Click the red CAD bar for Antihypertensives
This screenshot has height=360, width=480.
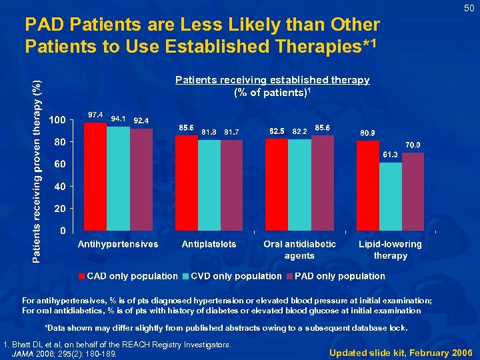(x=95, y=177)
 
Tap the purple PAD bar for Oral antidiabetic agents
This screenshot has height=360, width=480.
(x=322, y=184)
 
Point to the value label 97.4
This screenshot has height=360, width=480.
(x=95, y=115)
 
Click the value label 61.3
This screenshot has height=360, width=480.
(x=391, y=155)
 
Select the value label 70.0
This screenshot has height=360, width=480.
(x=413, y=145)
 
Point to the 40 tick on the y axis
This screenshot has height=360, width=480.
(x=59, y=187)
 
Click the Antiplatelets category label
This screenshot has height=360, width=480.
(x=209, y=244)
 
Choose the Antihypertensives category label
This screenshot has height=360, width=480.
(x=118, y=244)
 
